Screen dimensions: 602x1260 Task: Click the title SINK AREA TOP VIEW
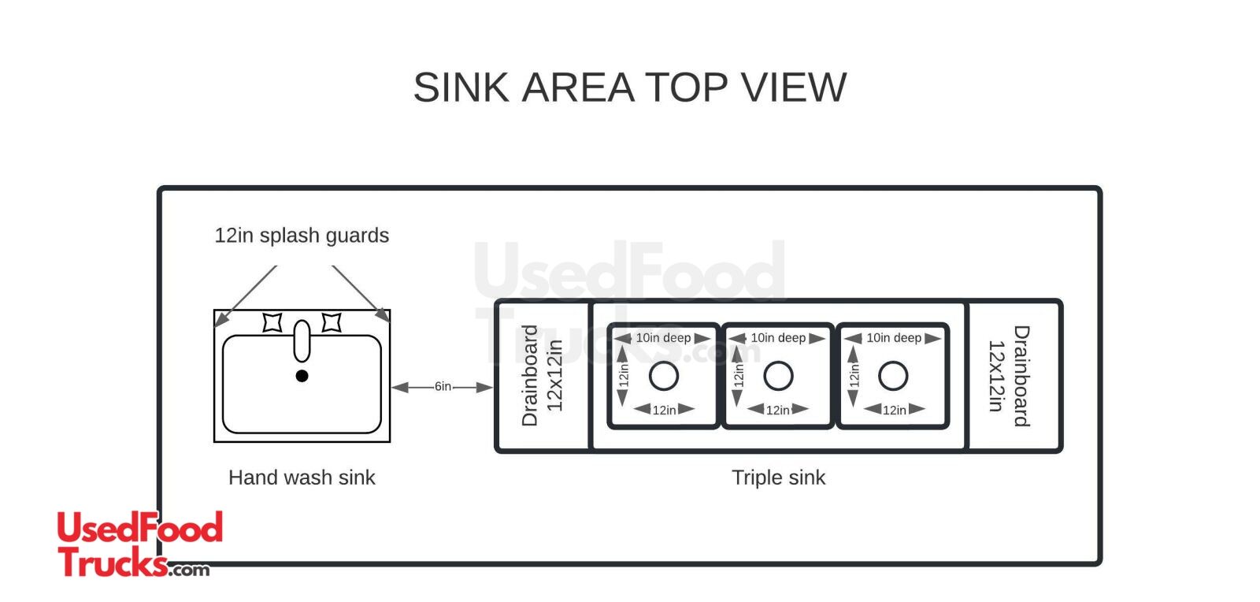[x=629, y=87]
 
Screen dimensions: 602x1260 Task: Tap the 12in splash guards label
[x=302, y=236]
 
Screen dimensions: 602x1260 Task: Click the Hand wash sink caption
[x=302, y=478]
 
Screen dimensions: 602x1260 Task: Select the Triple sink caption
[x=778, y=478]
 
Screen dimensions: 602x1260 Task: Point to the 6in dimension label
[x=443, y=386]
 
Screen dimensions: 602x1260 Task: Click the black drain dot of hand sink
[x=302, y=376]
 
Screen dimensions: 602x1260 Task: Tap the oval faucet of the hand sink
[x=302, y=340]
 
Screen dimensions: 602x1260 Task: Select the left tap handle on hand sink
[x=272, y=322]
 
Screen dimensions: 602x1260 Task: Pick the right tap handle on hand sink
[x=332, y=322]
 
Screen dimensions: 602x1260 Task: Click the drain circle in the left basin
[x=664, y=376]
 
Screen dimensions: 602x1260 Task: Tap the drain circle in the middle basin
[x=778, y=376]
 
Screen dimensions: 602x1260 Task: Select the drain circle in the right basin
[x=893, y=376]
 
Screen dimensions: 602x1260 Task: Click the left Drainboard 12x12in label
[x=542, y=376]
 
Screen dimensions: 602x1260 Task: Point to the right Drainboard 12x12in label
[x=1009, y=376]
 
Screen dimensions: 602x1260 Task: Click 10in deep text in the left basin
[x=663, y=338]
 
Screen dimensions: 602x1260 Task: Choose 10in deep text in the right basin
[x=894, y=338]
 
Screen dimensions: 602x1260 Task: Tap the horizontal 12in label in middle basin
[x=778, y=410]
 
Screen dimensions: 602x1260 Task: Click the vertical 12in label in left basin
[x=624, y=373]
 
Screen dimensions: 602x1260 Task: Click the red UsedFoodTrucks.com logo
[x=139, y=544]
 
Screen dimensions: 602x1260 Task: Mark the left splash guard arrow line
[x=246, y=295]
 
